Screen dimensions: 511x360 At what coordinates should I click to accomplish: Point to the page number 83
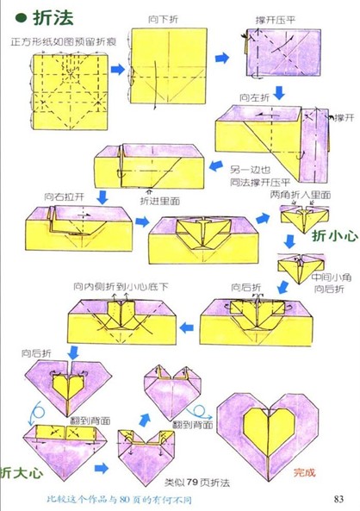click(x=338, y=498)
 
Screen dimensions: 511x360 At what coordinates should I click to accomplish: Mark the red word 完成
click(x=305, y=472)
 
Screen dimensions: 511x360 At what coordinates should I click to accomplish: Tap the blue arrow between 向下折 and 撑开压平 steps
click(x=221, y=58)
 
